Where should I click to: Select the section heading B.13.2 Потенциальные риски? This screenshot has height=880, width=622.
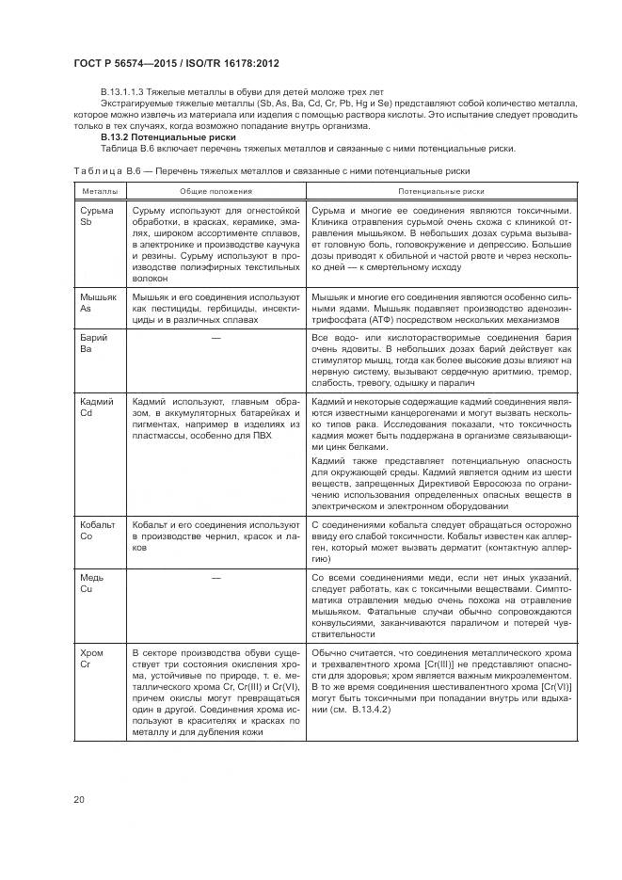tap(154, 137)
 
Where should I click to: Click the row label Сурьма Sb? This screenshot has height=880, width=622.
tap(96, 216)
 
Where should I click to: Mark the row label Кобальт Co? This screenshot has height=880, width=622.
tap(99, 529)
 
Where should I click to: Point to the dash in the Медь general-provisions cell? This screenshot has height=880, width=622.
tap(215, 575)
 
